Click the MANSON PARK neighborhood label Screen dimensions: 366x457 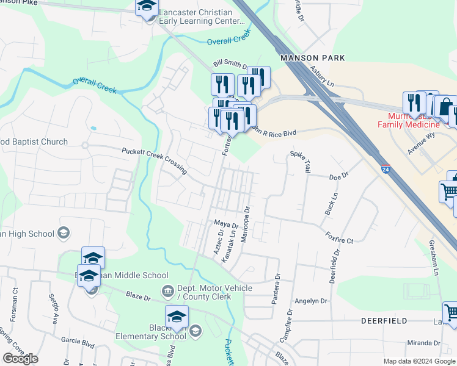click(312, 58)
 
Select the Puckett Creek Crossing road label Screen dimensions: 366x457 click(154, 161)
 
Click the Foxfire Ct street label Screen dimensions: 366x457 click(339, 237)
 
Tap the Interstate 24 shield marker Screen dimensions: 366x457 click(385, 167)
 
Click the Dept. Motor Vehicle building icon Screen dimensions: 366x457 click(166, 290)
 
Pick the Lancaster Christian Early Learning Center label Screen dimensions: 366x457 click(195, 16)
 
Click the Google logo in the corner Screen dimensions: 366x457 click(20, 359)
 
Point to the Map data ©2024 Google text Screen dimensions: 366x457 click(419, 361)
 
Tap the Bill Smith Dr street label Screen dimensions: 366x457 click(229, 64)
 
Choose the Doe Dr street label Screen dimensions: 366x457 click(338, 176)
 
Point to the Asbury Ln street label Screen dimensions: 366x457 click(322, 77)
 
